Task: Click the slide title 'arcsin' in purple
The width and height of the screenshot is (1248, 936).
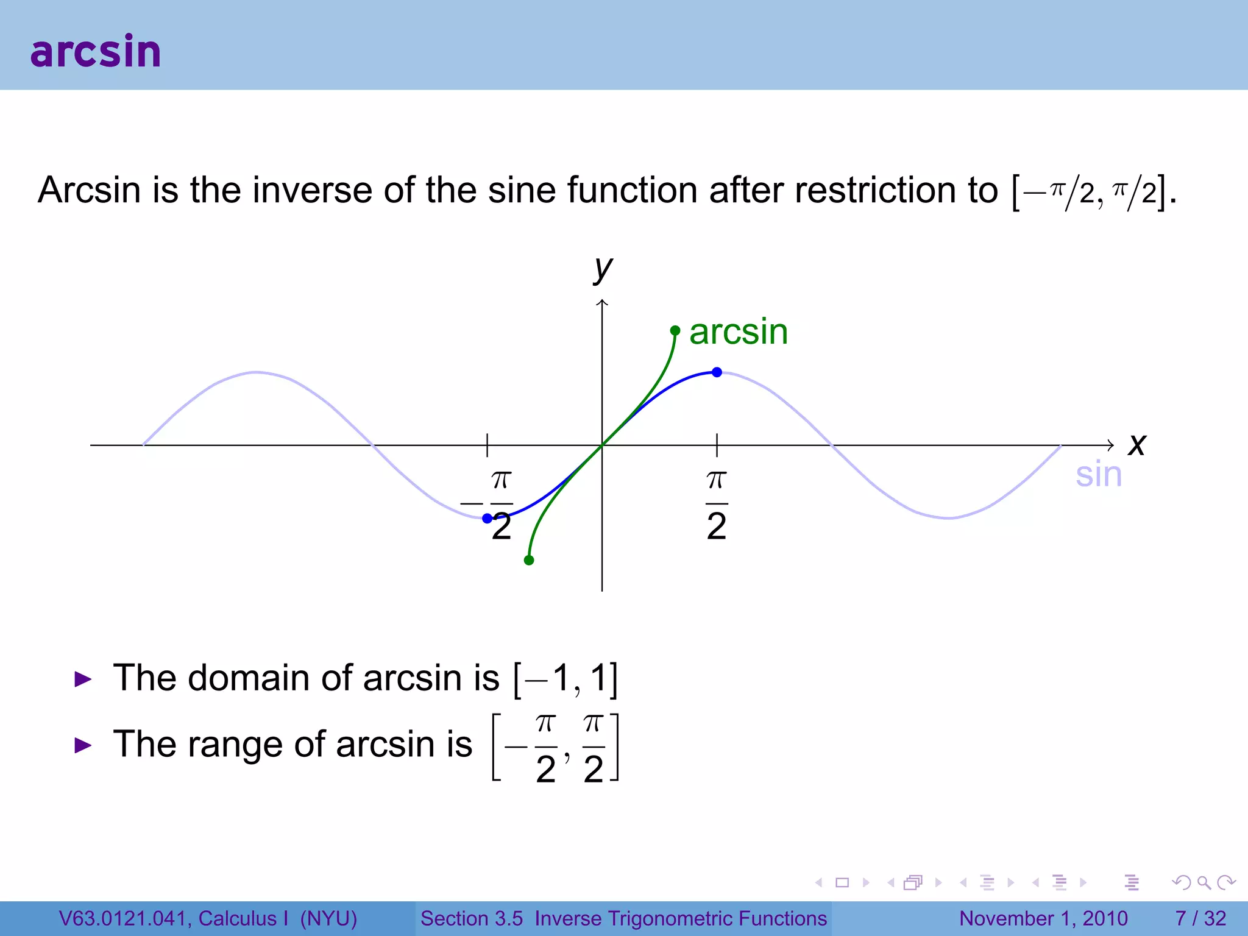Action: (96, 51)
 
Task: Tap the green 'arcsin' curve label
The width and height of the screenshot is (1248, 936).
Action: (739, 332)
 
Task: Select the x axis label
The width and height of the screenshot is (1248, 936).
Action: (1136, 444)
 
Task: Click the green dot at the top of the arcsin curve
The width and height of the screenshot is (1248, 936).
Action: (675, 330)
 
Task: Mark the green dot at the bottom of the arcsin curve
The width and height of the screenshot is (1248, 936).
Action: (529, 560)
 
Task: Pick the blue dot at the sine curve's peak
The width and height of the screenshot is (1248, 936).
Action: (717, 372)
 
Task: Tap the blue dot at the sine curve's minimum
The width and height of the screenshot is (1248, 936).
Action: (487, 519)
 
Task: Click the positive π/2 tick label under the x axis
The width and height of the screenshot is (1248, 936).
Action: (717, 505)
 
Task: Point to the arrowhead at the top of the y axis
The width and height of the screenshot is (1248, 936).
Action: (602, 303)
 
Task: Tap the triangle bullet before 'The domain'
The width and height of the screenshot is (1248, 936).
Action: (82, 679)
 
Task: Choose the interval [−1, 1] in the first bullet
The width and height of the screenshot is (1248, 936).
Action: (566, 679)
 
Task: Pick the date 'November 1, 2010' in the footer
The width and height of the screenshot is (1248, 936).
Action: (1043, 918)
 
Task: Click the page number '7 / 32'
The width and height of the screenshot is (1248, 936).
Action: (1200, 918)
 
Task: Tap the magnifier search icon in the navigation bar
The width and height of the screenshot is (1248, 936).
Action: (1204, 882)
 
